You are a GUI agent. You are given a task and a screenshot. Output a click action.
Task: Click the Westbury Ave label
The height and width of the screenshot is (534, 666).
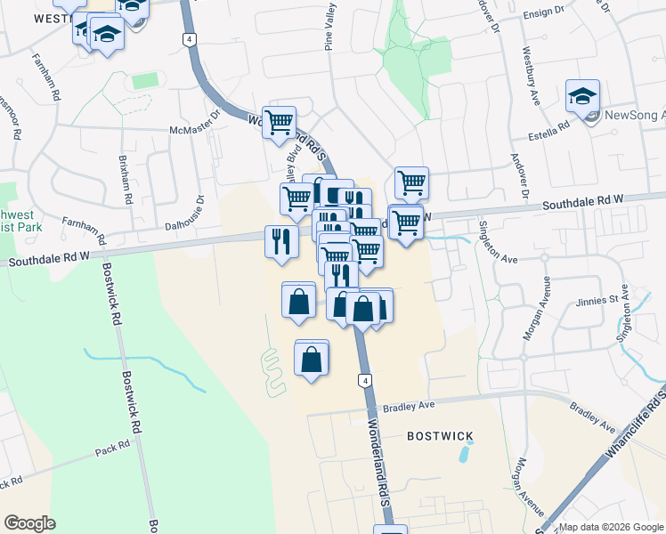coord(532,75)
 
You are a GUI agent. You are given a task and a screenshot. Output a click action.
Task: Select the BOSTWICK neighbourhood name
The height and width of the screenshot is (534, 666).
coord(440,436)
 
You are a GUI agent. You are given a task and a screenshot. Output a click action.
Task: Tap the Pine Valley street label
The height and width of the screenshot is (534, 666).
coord(330,27)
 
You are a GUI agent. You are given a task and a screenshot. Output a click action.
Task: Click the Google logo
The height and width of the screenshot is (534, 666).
coord(29,523)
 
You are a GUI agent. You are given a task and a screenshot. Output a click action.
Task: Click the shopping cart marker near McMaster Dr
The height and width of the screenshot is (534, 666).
coord(280,122)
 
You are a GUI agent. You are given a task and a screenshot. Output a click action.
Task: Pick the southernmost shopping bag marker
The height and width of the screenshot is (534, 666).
coord(312,360)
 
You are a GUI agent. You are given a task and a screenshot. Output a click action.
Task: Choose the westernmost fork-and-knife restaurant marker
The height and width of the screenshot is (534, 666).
coord(280,240)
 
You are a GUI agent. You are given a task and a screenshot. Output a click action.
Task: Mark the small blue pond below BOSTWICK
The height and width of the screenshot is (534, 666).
coord(465,452)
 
